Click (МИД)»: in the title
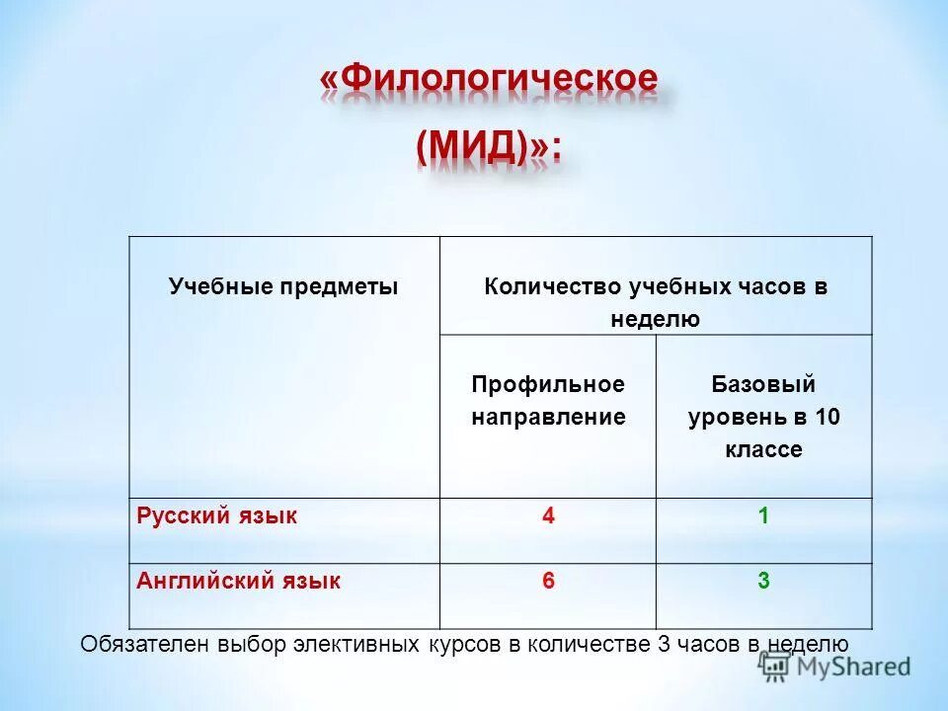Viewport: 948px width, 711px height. point(488,147)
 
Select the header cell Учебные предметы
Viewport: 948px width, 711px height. point(283,287)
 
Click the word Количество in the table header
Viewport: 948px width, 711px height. point(550,287)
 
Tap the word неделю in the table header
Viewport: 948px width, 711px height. point(655,319)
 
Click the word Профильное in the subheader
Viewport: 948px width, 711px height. point(548,383)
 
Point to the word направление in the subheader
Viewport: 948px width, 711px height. point(548,417)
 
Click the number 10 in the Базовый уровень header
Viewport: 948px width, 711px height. point(827,417)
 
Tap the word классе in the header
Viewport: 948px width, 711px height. point(763,450)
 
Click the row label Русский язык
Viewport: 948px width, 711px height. point(216,515)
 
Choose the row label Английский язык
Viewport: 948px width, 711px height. point(238,581)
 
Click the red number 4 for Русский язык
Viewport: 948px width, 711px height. point(547,515)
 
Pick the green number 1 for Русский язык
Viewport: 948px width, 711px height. point(763,515)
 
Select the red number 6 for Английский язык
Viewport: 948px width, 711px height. point(547,581)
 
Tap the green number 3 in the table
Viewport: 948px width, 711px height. point(763,581)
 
